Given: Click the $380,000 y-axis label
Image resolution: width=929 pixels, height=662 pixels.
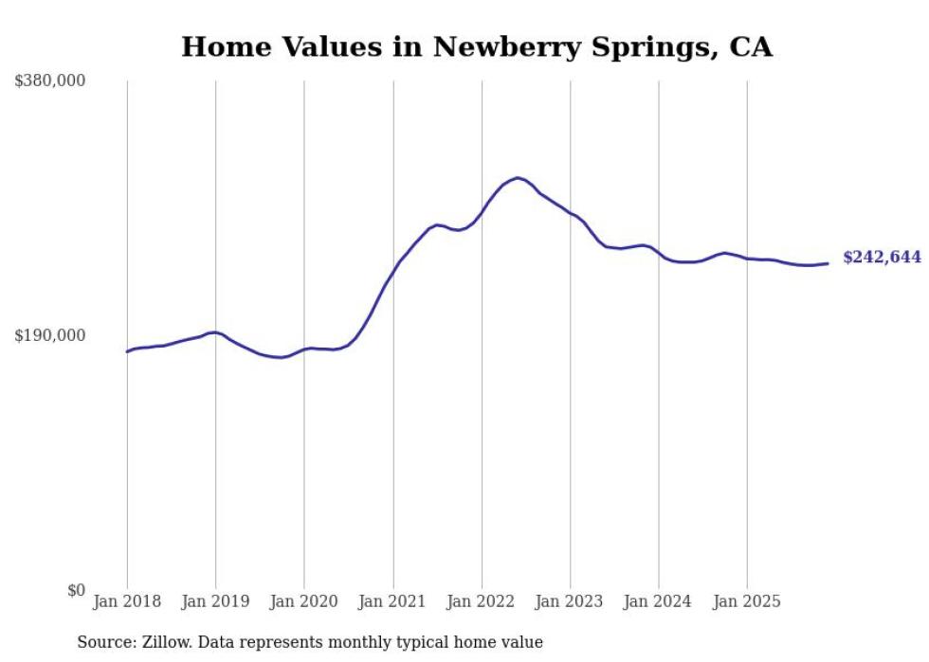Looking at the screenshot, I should pyautogui.click(x=50, y=81).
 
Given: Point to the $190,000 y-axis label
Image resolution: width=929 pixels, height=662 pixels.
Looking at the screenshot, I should pyautogui.click(x=50, y=335).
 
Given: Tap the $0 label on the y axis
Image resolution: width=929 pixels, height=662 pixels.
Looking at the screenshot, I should pyautogui.click(x=76, y=590).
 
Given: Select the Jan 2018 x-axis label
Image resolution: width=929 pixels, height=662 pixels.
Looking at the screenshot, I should pyautogui.click(x=127, y=602).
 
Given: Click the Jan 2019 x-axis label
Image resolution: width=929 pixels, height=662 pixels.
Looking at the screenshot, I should pyautogui.click(x=215, y=602).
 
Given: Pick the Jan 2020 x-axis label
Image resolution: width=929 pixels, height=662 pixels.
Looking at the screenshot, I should pyautogui.click(x=304, y=602).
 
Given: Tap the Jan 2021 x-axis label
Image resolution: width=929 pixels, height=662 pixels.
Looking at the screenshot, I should pyautogui.click(x=392, y=602).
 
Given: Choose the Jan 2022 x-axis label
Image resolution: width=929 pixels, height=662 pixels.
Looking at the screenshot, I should pyautogui.click(x=482, y=602).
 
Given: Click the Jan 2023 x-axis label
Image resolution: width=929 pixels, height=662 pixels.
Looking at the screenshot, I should pyautogui.click(x=570, y=602).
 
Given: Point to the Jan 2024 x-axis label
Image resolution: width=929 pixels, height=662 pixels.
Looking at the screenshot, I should pyautogui.click(x=659, y=602).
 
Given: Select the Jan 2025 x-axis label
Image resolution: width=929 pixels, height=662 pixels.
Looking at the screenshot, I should pyautogui.click(x=747, y=602).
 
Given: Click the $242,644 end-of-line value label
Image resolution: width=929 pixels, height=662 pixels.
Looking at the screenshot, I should pyautogui.click(x=882, y=258).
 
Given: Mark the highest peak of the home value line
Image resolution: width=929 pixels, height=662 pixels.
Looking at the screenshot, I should pyautogui.click(x=517, y=177).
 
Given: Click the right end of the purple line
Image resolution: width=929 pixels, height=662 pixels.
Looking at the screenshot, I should pyautogui.click(x=829, y=263).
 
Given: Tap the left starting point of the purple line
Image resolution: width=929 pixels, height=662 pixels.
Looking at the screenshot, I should pyautogui.click(x=127, y=351).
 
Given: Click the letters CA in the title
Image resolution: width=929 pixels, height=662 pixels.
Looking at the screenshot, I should pyautogui.click(x=751, y=46).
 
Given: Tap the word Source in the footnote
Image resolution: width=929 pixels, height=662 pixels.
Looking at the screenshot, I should pyautogui.click(x=102, y=642).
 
